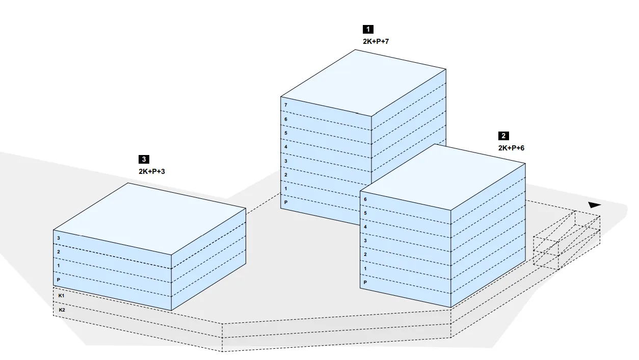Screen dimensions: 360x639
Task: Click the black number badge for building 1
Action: click(368, 30)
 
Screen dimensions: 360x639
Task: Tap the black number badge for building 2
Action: click(503, 136)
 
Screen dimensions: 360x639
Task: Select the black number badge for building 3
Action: click(144, 160)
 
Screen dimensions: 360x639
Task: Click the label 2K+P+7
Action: click(376, 41)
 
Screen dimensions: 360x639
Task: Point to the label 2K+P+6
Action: click(511, 148)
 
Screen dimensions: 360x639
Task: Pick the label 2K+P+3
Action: click(151, 172)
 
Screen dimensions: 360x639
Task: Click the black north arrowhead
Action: click(594, 205)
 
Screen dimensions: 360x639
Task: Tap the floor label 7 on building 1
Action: click(286, 105)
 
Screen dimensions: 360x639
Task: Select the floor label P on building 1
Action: click(286, 202)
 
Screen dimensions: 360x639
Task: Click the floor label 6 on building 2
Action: click(365, 199)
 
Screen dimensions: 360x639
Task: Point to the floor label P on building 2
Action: click(365, 282)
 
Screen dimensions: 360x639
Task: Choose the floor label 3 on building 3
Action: click(59, 238)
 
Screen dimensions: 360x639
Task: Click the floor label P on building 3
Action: click(59, 279)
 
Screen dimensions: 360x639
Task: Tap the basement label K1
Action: click(62, 296)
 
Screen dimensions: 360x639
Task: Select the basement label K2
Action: click(62, 310)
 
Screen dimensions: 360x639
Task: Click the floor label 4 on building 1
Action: click(286, 147)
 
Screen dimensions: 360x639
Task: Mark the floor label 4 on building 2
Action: click(365, 226)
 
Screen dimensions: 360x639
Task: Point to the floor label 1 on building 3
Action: click(59, 266)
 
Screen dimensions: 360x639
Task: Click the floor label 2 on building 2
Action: click(365, 254)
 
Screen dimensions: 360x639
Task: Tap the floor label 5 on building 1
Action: click(286, 133)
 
